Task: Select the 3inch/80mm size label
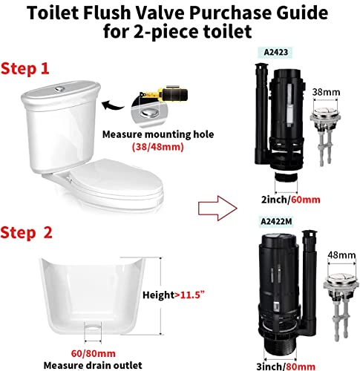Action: point(277,364)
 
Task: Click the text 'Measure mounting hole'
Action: point(153,134)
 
